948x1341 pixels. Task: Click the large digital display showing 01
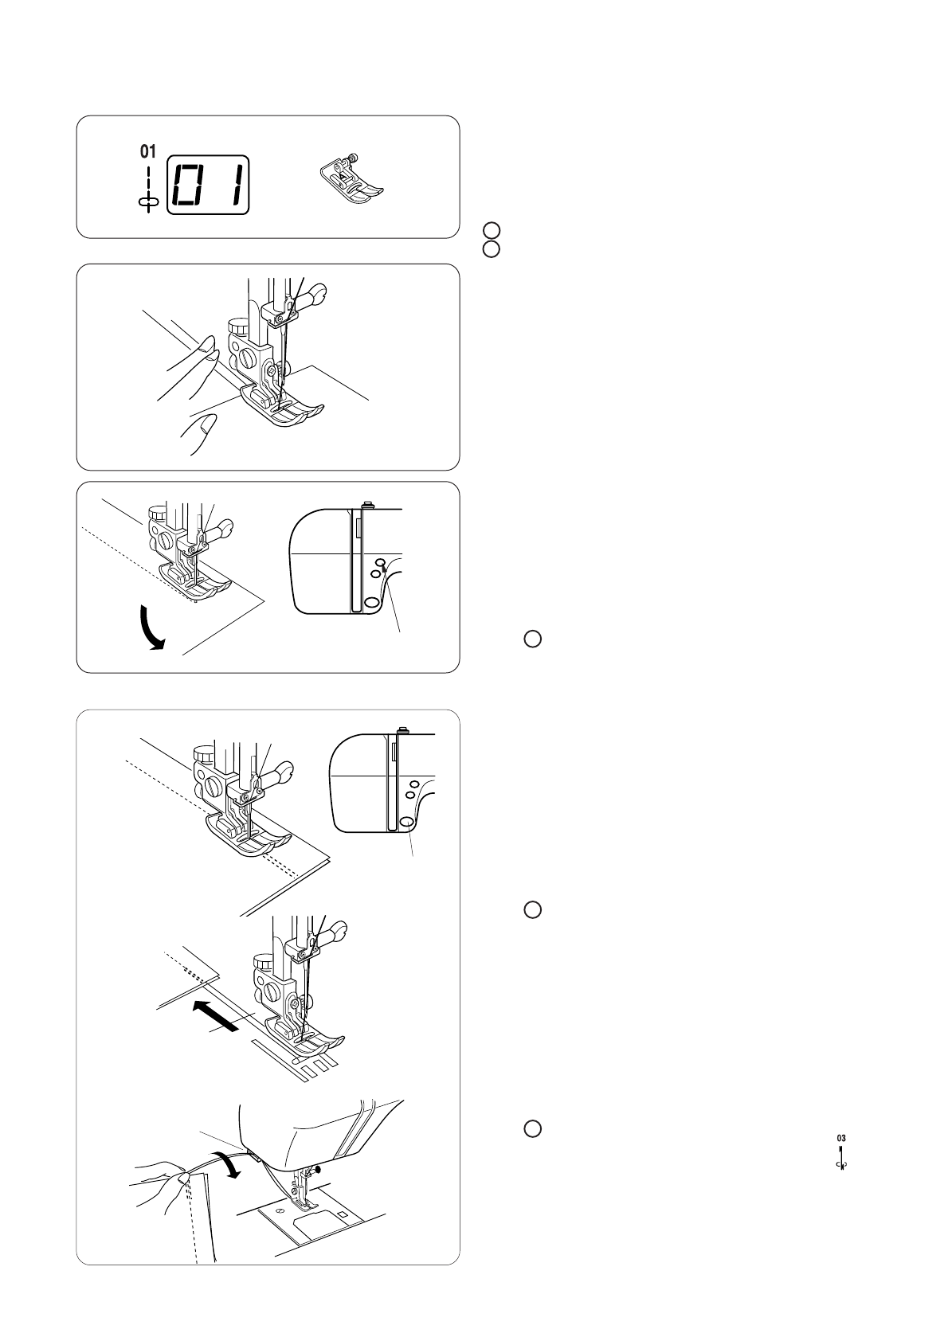coord(208,185)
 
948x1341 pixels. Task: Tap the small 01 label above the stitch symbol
coord(148,151)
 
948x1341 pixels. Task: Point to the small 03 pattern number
coord(841,1138)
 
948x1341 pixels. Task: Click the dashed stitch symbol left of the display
coord(148,187)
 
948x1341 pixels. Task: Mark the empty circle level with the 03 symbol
coord(532,1128)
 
